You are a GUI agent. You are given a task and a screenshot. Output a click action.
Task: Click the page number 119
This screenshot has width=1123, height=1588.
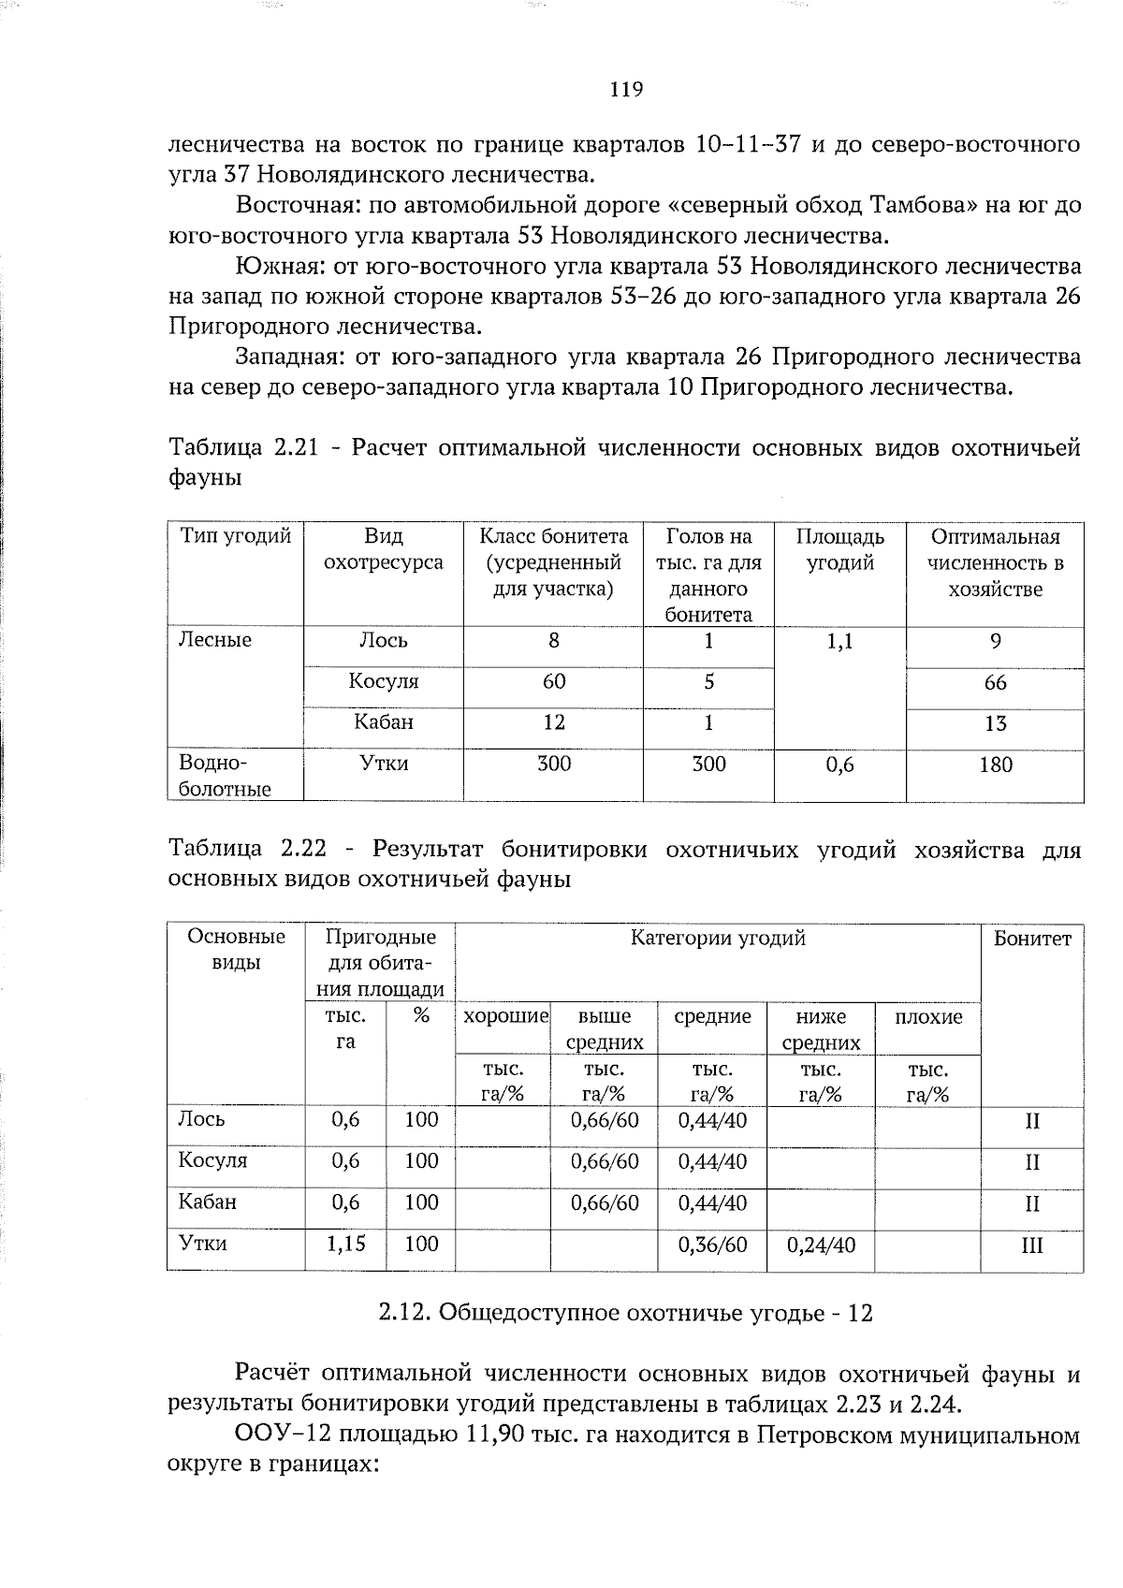click(x=626, y=90)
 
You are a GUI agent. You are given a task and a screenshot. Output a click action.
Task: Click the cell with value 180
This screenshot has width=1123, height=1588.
click(x=995, y=765)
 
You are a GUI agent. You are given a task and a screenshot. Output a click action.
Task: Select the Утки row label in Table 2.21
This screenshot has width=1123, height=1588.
click(x=384, y=764)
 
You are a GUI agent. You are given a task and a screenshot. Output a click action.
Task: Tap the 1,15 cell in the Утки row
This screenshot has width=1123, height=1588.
click(x=345, y=1244)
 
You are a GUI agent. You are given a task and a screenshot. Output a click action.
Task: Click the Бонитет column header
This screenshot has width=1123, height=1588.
click(x=1031, y=939)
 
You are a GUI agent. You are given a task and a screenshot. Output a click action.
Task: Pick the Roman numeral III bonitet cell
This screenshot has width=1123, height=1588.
click(x=1031, y=1246)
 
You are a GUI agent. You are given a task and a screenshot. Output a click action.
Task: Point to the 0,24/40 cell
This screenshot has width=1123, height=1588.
click(x=821, y=1245)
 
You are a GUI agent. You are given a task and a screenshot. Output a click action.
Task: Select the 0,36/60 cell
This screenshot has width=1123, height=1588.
click(x=712, y=1245)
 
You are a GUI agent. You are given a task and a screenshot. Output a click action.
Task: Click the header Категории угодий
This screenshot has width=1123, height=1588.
click(x=717, y=938)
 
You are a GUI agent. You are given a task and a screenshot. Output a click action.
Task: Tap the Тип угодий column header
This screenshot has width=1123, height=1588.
click(x=236, y=536)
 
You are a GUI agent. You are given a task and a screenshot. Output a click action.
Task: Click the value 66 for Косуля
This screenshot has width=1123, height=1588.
click(x=995, y=683)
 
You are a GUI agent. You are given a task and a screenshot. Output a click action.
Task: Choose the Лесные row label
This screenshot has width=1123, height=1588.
click(x=215, y=641)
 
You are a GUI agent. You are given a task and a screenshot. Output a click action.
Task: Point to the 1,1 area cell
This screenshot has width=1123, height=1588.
click(x=839, y=642)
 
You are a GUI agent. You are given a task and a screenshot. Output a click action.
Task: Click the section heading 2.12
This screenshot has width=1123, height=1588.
click(x=625, y=1314)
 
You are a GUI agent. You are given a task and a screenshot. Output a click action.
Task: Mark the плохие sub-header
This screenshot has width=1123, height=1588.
click(x=927, y=1017)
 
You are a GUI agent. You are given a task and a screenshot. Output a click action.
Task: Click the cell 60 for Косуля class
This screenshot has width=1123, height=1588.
click(x=553, y=681)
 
